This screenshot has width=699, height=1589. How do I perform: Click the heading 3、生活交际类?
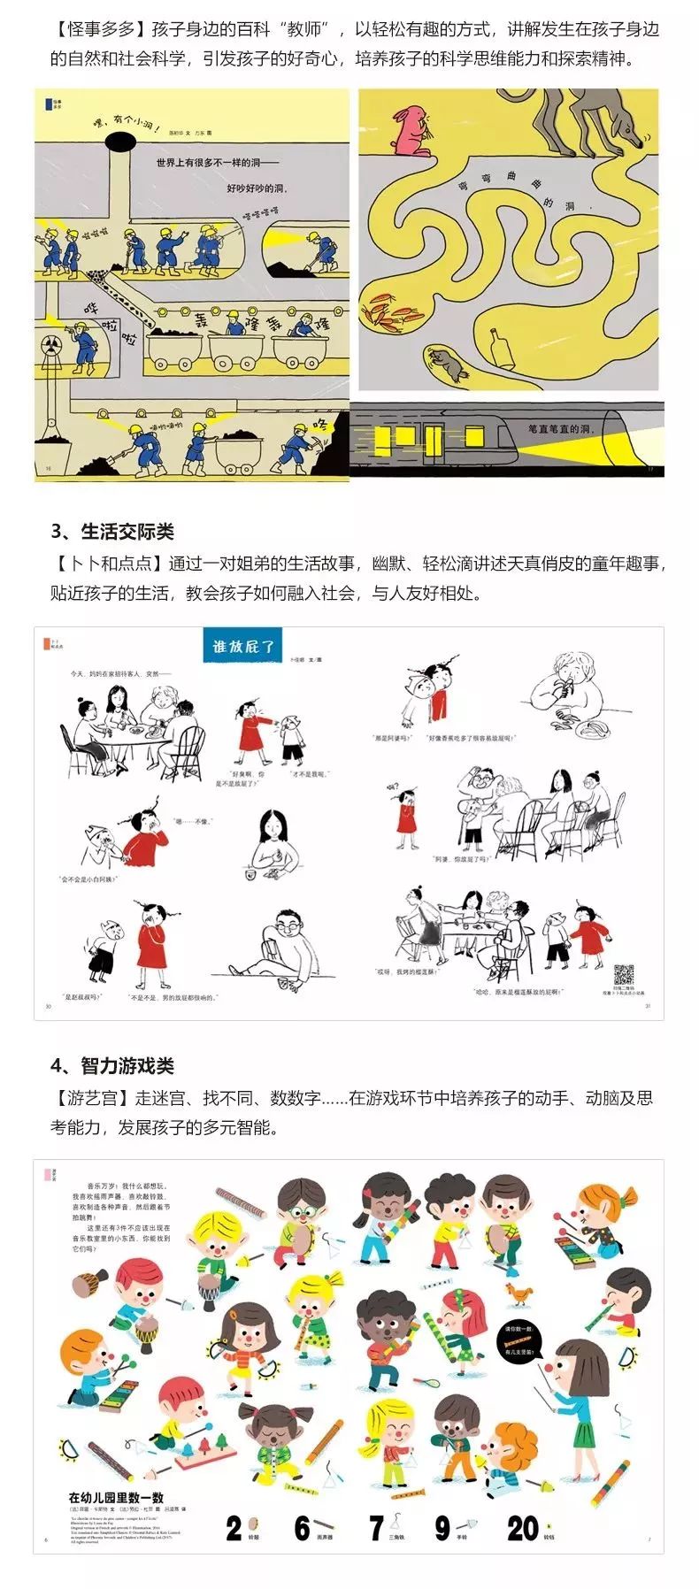(x=112, y=531)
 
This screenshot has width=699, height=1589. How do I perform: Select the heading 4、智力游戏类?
(x=112, y=1065)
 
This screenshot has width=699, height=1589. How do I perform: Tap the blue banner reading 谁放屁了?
(x=243, y=646)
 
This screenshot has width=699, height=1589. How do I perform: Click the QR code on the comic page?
(x=624, y=974)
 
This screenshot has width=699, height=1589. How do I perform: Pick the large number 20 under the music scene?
(x=522, y=1528)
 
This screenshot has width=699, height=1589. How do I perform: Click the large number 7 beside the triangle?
(x=377, y=1528)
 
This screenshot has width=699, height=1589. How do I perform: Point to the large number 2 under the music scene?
(x=234, y=1528)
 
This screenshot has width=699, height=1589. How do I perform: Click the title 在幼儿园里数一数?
(x=117, y=1497)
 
